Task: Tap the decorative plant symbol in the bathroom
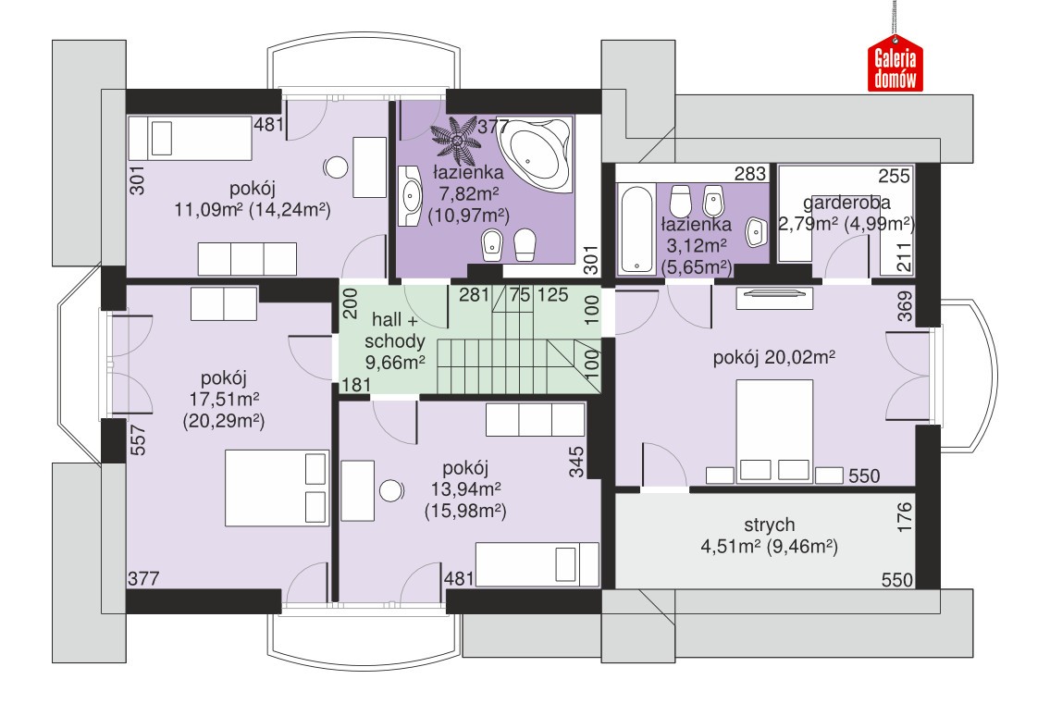click(455, 141)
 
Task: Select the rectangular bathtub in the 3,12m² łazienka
click(636, 229)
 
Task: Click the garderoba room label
click(846, 203)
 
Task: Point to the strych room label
click(770, 525)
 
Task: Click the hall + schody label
click(394, 331)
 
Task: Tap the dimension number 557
click(137, 440)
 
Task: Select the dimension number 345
click(576, 463)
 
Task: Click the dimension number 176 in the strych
click(904, 516)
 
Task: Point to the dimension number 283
click(750, 174)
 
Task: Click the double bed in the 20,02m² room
click(774, 431)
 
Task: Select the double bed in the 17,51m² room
click(277, 488)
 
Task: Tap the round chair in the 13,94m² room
click(391, 490)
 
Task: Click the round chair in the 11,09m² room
click(336, 167)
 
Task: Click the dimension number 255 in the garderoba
click(894, 176)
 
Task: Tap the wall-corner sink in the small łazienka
click(757, 232)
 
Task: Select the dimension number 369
click(905, 306)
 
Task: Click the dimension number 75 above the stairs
click(520, 295)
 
